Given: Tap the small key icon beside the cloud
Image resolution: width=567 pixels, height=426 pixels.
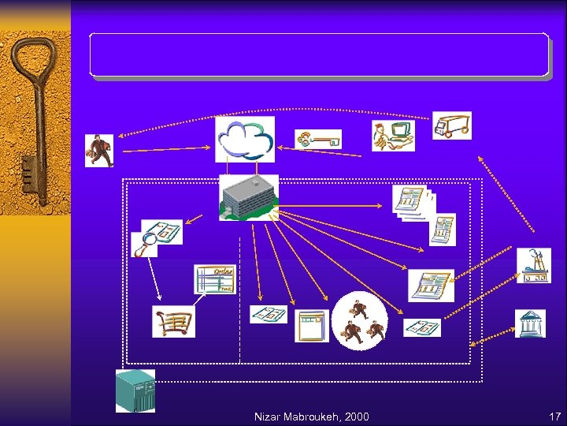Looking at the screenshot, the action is [x=318, y=140].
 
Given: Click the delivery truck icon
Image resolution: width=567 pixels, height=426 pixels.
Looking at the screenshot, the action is [x=451, y=125].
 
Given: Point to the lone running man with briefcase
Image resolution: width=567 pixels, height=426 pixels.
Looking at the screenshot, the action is [x=98, y=150].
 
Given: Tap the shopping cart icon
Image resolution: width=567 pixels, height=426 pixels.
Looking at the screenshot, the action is [x=173, y=321].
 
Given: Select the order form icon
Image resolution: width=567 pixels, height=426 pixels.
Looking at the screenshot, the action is [x=214, y=279].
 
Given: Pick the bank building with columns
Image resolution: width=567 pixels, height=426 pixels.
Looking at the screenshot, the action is [x=530, y=323].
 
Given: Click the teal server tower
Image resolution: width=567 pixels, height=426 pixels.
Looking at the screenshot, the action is [x=135, y=390].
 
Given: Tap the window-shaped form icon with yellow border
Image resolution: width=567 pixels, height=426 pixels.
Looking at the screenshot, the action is [x=311, y=325].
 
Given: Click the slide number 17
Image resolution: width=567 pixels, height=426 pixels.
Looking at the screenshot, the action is [x=554, y=417].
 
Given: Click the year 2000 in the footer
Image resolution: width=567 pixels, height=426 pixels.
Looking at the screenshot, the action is [x=355, y=417].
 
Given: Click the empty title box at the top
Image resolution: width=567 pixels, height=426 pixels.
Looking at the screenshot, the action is [x=319, y=55].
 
